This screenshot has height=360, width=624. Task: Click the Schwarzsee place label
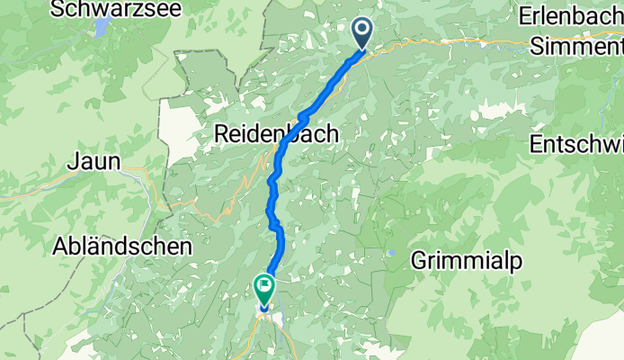[117, 10]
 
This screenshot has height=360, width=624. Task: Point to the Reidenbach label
[276, 134]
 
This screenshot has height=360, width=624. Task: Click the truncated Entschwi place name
[576, 144]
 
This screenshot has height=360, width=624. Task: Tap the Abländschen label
[122, 246]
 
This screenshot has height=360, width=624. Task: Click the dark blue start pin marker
[362, 34]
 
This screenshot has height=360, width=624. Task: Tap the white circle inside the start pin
[362, 30]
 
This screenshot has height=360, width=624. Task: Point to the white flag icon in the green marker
[265, 286]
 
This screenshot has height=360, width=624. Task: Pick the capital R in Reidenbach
[221, 134]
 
